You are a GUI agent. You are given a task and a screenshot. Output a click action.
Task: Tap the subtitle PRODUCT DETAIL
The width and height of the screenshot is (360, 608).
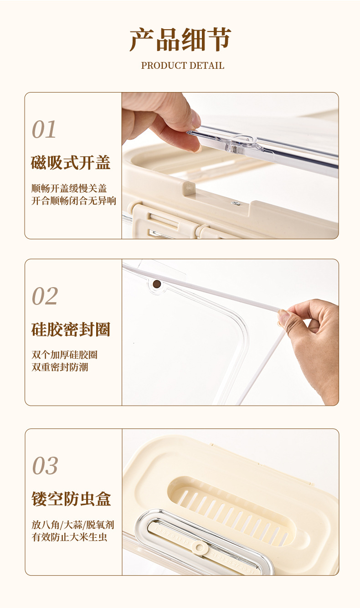tap(182, 66)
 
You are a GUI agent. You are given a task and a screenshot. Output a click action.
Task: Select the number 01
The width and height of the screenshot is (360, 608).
tap(44, 129)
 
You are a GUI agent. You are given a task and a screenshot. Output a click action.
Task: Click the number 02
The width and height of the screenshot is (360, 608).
tap(45, 296)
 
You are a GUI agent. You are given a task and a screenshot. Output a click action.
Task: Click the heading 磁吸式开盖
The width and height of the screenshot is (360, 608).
tap(71, 163)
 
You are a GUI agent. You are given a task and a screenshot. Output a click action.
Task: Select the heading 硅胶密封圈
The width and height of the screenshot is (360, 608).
tap(71, 330)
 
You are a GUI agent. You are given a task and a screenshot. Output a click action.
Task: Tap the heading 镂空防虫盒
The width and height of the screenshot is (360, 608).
tap(71, 499)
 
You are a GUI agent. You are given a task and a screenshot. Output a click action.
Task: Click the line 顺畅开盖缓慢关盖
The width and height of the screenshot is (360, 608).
tap(69, 188)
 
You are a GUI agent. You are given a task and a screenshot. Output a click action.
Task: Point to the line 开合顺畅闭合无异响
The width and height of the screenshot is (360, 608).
tap(73, 201)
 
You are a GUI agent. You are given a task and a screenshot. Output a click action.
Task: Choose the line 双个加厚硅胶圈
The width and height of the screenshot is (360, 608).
tap(64, 355)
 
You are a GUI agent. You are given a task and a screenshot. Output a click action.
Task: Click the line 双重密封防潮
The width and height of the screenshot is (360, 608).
tap(60, 367)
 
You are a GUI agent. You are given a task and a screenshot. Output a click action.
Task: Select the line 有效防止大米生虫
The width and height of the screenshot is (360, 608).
tap(69, 537)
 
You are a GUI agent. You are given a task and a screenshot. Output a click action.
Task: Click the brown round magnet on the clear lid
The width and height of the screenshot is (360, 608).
tap(156, 284)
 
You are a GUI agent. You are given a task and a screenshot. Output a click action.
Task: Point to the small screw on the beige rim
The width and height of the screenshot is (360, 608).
tap(236, 203)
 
